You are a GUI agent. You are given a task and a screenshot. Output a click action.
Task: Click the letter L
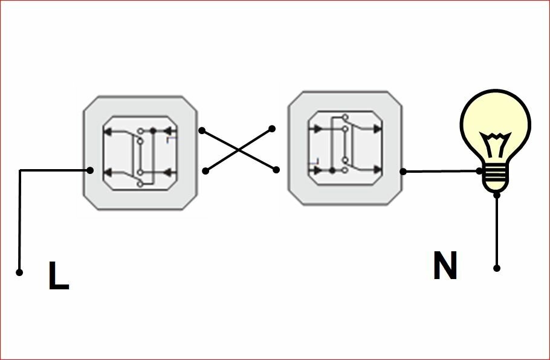[59, 277]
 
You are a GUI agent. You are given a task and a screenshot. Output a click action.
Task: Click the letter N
[445, 266]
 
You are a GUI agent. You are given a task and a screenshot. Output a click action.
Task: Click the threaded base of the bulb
[496, 178]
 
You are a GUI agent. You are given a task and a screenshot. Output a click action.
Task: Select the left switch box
[141, 153]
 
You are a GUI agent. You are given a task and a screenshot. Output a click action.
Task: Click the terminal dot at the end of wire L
[19, 272]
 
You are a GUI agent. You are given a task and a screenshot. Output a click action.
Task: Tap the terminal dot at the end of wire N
[497, 268]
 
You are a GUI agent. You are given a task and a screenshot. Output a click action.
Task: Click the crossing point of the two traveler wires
[239, 150]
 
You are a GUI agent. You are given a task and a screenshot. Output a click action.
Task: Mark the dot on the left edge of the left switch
[90, 170]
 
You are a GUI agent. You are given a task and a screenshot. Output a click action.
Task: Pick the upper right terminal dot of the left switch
[202, 130]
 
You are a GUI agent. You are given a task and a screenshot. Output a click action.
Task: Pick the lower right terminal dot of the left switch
[205, 171]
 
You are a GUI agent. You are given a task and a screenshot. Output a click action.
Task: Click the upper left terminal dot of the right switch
[272, 129]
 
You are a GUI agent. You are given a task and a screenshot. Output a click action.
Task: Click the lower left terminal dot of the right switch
[277, 170]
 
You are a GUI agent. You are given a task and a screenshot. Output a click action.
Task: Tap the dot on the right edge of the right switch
[403, 172]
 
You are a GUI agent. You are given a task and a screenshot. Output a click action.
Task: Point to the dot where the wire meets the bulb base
[479, 171]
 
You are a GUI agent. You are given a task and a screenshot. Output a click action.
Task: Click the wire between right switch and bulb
[441, 172]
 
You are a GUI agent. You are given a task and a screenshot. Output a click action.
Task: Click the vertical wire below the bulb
[497, 233]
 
